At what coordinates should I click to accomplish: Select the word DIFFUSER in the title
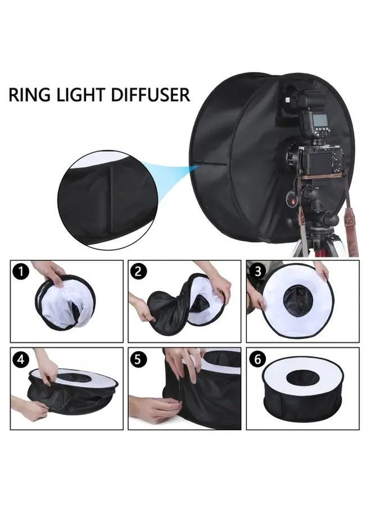point(152,94)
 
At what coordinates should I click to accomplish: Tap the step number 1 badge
point(21,273)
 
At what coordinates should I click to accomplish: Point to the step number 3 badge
point(257,272)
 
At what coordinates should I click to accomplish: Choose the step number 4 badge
point(21,360)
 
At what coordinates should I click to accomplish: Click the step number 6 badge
point(257,360)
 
